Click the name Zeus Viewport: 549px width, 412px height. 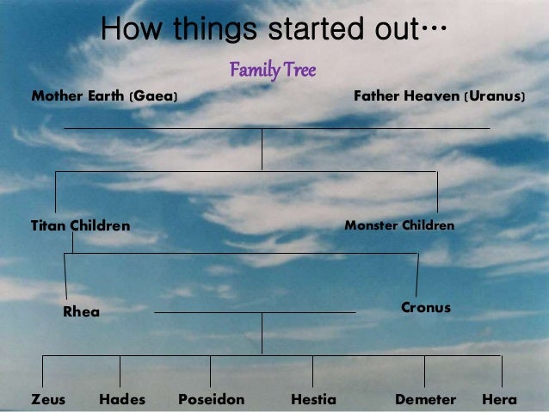coord(48,399)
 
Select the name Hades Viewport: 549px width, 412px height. coord(122,399)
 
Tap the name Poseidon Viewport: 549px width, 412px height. coord(211,399)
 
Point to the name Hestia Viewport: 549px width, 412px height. coord(313,399)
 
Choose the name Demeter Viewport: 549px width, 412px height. coord(425,399)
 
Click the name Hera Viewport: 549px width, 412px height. coord(500,399)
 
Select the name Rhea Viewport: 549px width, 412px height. coord(81,312)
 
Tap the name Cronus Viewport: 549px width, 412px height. coord(426,307)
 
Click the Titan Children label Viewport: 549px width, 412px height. coord(80,226)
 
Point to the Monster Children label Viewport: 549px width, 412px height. coord(399,225)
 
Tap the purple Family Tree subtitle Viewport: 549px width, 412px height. coord(273,69)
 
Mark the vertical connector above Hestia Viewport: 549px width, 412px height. coord(312,371)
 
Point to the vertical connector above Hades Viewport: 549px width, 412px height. coord(120,371)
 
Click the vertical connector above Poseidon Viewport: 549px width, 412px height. coord(210,371)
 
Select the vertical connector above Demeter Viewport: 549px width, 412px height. coord(424,371)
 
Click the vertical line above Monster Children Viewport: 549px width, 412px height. coord(437,192)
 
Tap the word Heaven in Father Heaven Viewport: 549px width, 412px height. coord(429,95)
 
